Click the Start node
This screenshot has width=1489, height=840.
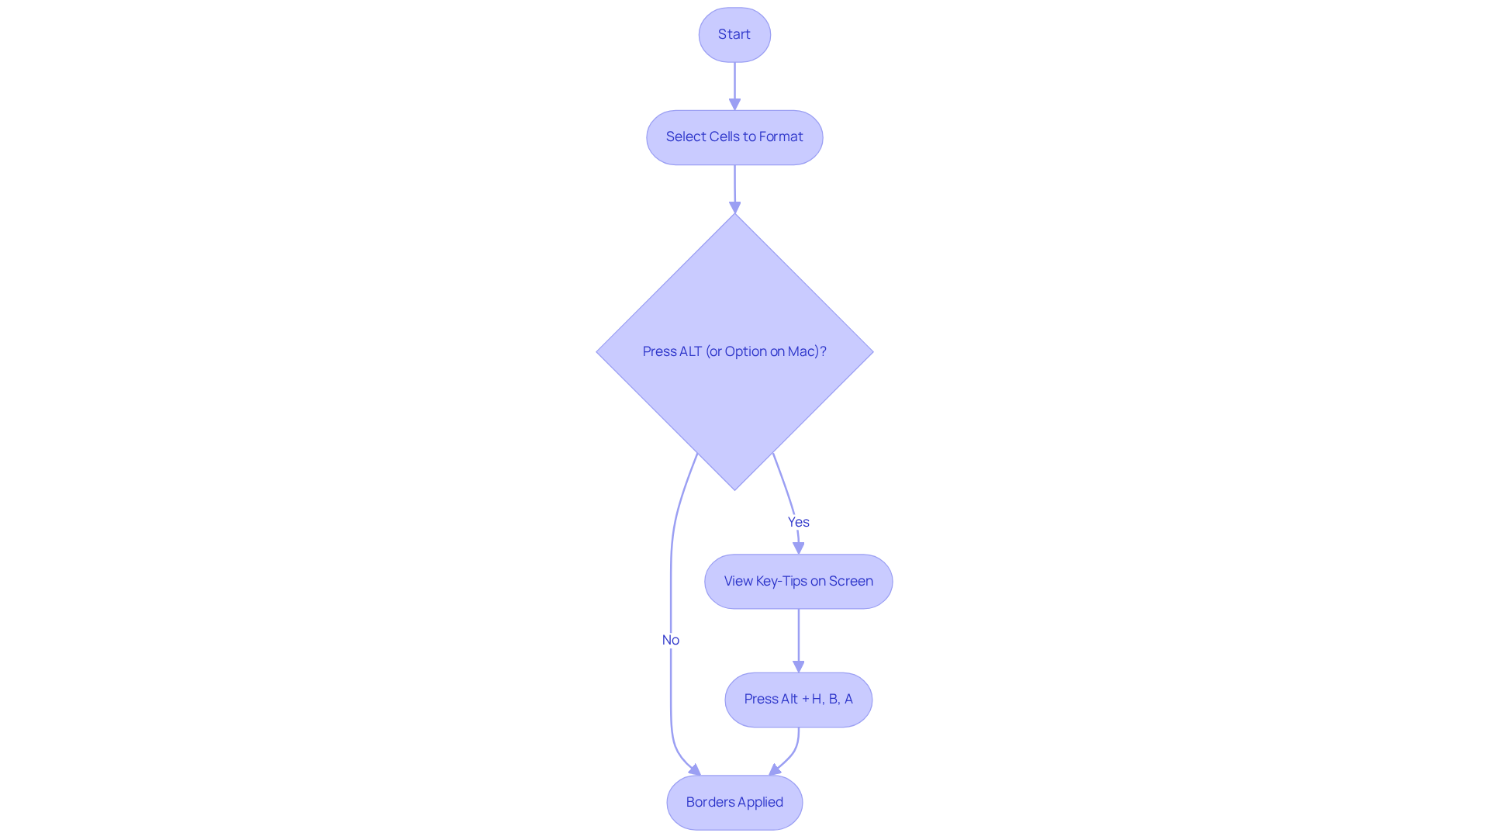pyautogui.click(x=734, y=35)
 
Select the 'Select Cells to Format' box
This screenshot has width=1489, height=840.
pyautogui.click(x=734, y=137)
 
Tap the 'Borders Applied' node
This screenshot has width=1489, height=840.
pyautogui.click(x=734, y=802)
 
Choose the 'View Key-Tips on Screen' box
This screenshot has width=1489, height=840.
pyautogui.click(x=798, y=581)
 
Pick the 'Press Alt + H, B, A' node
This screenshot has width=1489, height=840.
pyautogui.click(x=798, y=699)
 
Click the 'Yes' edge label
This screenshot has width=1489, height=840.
pyautogui.click(x=798, y=522)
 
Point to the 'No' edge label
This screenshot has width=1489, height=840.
pyautogui.click(x=670, y=640)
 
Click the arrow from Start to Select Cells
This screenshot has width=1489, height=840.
pyautogui.click(x=734, y=84)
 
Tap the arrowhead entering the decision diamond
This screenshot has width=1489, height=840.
pyautogui.click(x=734, y=207)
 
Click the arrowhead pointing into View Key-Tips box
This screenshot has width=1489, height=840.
pyautogui.click(x=798, y=548)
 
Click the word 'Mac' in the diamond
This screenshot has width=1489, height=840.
pyautogui.click(x=801, y=351)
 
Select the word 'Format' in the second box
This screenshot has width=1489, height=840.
pyautogui.click(x=780, y=137)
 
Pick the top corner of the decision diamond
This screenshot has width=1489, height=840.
pyautogui.click(x=734, y=216)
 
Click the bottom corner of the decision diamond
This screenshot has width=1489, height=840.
pyautogui.click(x=734, y=488)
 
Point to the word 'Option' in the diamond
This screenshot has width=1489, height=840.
pyautogui.click(x=745, y=351)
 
